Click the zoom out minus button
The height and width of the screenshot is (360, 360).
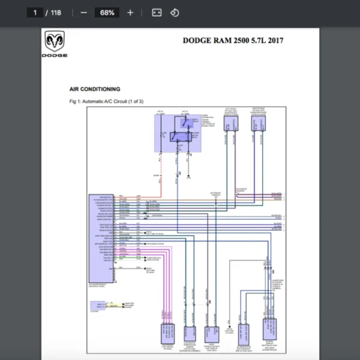coord(83,13)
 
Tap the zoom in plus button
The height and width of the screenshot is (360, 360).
coord(130,13)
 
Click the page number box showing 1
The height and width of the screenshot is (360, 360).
coord(36,13)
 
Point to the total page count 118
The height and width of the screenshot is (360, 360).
coord(56,13)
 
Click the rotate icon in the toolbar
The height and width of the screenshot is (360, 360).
coord(175,13)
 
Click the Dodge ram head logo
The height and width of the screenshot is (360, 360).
coord(54,43)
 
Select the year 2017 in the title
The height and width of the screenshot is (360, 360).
coord(274,41)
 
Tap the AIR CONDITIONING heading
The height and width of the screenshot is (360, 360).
coord(94,89)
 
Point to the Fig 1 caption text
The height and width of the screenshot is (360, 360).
coord(106,101)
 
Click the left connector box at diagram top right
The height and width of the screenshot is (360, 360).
coord(231,123)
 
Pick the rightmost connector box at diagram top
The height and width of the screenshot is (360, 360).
coord(258,123)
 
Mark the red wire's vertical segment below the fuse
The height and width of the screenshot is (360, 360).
coord(161,174)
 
